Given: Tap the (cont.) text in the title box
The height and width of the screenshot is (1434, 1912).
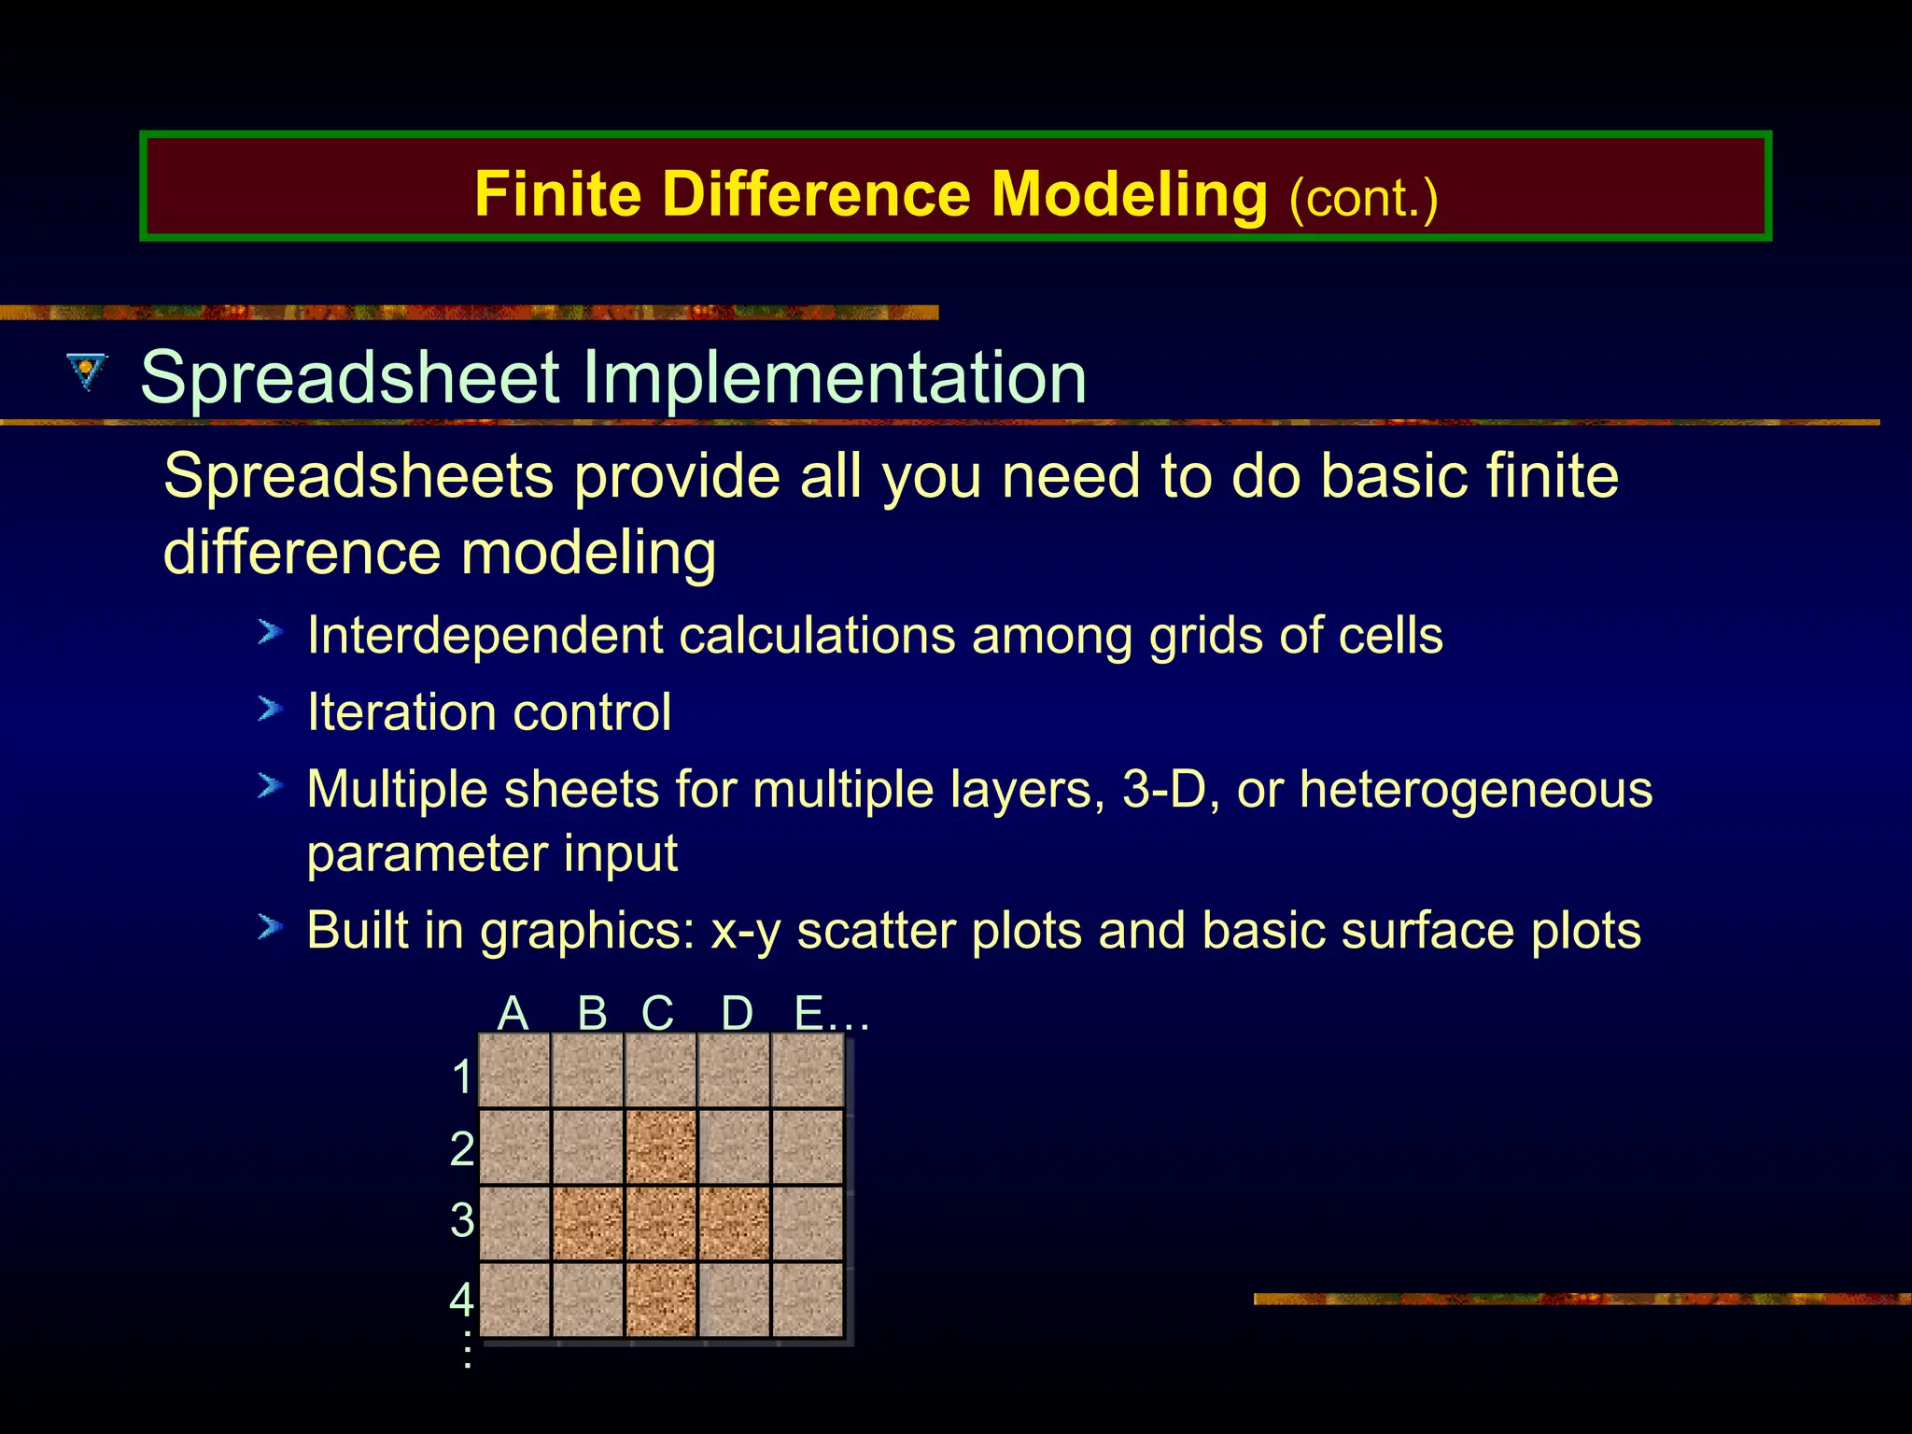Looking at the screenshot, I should point(1362,199).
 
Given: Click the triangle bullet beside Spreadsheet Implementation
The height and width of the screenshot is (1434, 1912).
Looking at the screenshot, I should point(88,372).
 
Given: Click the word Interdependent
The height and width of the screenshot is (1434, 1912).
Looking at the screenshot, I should point(485,636).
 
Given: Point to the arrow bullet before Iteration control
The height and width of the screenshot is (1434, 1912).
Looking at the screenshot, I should point(270,710).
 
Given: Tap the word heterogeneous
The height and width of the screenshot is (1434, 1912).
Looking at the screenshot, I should point(1475,789).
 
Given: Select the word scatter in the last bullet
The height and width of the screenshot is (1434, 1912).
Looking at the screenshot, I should point(876,931).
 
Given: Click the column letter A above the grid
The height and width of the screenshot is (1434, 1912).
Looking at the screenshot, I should point(513,1013).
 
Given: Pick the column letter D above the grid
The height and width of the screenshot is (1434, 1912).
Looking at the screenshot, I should point(737,1013).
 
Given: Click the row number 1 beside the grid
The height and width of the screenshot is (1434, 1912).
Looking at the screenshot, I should point(462,1076).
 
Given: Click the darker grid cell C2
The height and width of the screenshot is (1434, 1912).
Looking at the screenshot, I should point(661,1146).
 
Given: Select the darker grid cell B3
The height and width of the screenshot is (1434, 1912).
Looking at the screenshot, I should point(587,1223).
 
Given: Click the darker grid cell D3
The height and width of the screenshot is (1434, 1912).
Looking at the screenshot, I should point(735,1223).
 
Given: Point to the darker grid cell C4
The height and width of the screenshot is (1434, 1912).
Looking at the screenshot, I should point(661,1300).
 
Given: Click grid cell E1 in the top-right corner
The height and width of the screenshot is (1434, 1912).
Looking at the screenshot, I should point(808,1071).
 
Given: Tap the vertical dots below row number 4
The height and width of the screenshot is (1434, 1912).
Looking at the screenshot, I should point(467,1351).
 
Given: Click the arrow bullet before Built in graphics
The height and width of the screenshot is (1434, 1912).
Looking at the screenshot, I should point(270,927).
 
